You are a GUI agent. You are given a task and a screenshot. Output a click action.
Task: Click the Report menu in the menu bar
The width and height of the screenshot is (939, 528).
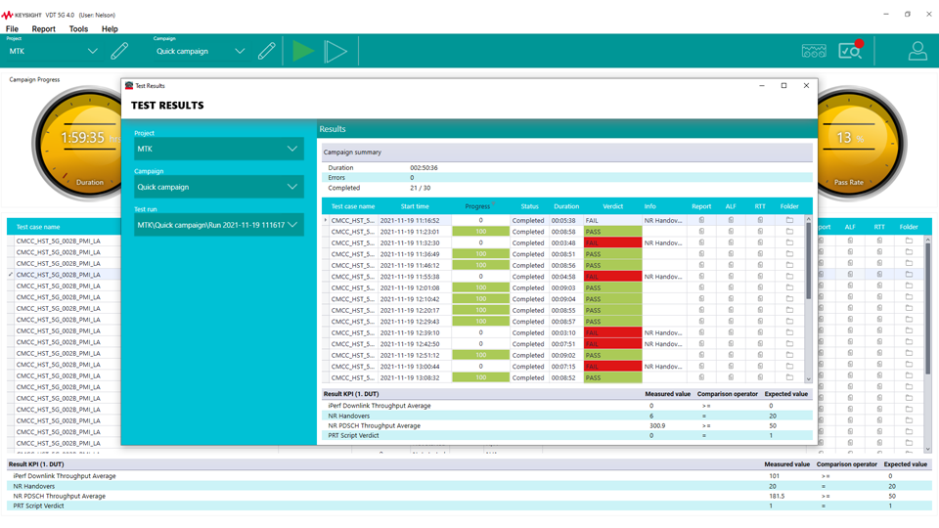coord(43,29)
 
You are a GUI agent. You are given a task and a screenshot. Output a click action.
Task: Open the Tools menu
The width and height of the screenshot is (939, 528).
coord(78,29)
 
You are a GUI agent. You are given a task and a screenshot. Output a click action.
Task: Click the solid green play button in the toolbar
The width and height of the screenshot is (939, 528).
coord(303,51)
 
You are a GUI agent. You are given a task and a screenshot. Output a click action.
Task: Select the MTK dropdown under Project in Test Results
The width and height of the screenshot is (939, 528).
coord(218,149)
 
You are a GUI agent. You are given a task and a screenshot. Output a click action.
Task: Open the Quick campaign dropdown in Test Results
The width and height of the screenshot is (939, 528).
coord(218,187)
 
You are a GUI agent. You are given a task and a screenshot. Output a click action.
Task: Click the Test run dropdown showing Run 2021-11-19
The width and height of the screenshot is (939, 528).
coord(218,225)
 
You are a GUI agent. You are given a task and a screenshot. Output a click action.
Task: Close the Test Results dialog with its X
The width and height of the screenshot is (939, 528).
coord(806,86)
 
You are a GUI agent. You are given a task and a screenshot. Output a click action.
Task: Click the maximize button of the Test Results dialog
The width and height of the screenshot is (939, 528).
coord(783,86)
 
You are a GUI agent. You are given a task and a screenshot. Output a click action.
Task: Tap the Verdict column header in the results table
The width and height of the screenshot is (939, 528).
coord(612,206)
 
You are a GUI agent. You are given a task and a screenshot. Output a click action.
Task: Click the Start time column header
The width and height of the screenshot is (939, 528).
coord(415,206)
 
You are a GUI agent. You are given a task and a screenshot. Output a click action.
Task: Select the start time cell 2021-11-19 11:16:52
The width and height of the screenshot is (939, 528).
coord(410,221)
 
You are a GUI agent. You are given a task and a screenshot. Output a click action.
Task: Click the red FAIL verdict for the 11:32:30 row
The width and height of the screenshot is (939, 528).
coord(612,243)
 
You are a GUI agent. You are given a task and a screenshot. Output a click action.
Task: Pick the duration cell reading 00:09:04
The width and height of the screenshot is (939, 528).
coord(563,299)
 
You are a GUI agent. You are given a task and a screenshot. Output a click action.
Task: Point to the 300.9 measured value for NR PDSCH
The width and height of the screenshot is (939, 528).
coord(657,426)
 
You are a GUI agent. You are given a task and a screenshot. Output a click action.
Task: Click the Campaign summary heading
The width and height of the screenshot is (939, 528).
coord(353,153)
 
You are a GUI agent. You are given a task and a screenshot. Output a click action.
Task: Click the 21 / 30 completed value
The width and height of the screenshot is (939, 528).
coord(421,188)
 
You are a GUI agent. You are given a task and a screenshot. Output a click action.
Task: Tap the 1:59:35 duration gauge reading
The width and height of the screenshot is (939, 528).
coord(82,139)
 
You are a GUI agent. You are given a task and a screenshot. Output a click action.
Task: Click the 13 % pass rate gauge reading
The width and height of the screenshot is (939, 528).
coord(850,139)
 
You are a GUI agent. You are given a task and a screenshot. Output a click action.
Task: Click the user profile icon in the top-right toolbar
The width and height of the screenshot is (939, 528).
coord(917,51)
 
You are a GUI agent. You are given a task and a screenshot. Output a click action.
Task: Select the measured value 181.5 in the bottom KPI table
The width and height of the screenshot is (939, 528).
coord(778,496)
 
